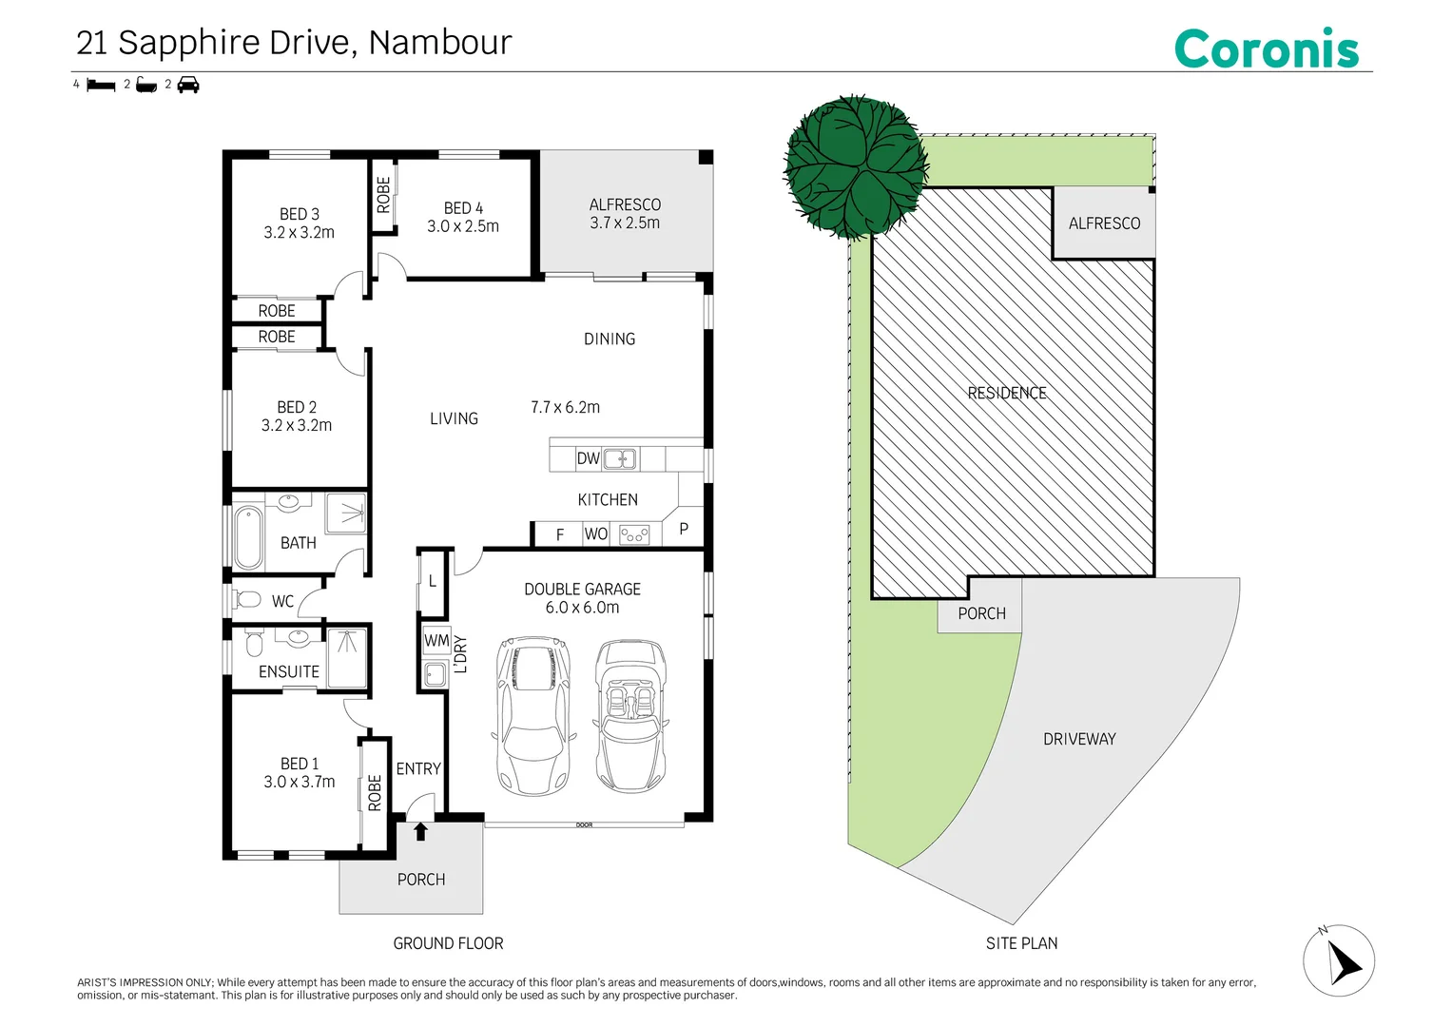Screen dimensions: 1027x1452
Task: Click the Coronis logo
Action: (1267, 48)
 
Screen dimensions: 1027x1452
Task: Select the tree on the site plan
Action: (855, 167)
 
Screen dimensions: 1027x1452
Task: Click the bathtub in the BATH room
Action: (248, 537)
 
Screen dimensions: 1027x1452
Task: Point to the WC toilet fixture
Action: (249, 600)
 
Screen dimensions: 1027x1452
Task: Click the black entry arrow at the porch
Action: (420, 832)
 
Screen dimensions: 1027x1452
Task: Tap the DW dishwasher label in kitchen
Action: (588, 458)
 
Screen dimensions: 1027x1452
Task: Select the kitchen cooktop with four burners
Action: (634, 534)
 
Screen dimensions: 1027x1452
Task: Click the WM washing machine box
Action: (436, 640)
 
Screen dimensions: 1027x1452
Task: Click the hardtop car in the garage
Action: (533, 716)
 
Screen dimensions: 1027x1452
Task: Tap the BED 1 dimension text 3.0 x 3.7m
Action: (299, 782)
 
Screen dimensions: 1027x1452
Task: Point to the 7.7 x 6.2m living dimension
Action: (565, 407)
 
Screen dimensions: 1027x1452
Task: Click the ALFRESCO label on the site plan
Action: (1104, 223)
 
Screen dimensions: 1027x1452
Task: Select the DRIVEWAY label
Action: (1079, 739)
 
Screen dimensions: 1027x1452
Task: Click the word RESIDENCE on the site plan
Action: (1007, 393)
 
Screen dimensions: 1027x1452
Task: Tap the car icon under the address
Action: (188, 85)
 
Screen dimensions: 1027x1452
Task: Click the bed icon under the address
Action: (101, 85)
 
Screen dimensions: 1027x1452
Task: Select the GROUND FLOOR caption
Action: (448, 943)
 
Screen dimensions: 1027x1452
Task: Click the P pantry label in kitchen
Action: (684, 529)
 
